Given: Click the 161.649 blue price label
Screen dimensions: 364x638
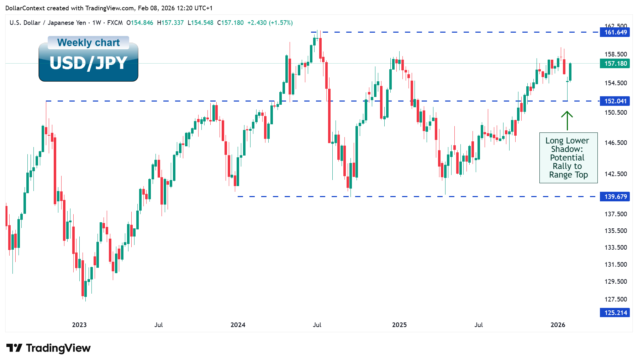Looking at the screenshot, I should point(615,32).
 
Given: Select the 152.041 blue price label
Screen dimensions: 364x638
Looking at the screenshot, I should point(615,101).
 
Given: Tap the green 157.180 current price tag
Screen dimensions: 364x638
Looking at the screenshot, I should point(615,64).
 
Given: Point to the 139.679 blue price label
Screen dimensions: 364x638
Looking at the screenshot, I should point(615,197).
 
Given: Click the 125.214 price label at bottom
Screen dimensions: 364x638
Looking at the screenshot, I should point(615,313).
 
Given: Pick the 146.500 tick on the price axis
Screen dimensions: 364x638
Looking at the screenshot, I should point(616,143).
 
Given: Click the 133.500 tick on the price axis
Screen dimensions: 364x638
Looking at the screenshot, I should point(616,248).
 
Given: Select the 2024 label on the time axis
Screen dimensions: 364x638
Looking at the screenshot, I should point(238,325).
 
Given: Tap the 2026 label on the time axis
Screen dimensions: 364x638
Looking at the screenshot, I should point(558,325).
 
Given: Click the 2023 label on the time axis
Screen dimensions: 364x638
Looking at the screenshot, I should point(79,325).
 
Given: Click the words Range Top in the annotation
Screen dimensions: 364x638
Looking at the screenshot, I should point(568,175).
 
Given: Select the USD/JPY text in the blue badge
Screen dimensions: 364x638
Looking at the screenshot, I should point(88,63).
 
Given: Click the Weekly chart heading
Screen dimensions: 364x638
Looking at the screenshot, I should point(88,43).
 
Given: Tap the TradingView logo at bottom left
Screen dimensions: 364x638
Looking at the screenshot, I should point(48,348).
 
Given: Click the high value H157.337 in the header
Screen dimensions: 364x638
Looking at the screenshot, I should point(170,23).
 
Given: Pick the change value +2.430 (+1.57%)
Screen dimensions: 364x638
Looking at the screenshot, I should point(270,23).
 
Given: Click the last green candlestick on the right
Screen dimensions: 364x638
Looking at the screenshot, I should point(570,72).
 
